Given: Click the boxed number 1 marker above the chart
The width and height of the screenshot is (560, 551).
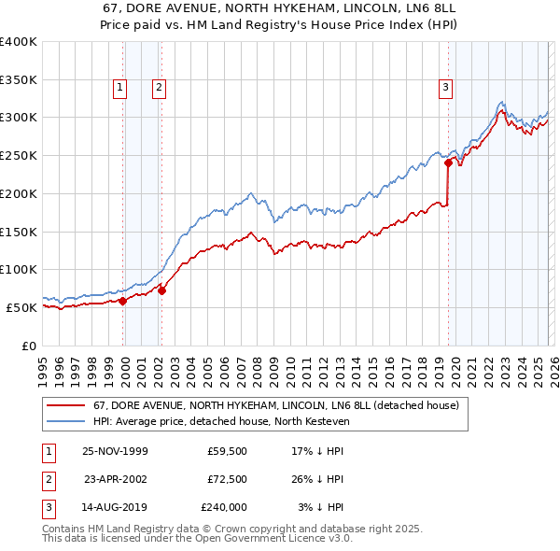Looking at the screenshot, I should (121, 88).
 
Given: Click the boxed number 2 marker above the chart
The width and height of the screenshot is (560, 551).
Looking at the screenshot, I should (160, 88).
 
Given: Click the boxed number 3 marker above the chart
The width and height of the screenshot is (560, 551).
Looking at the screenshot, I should (446, 88).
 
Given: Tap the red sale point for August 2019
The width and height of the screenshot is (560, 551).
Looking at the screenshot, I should (448, 162).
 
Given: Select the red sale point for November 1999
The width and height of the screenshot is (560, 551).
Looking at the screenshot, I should (123, 300).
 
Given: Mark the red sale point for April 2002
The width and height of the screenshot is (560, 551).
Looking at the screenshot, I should (162, 290).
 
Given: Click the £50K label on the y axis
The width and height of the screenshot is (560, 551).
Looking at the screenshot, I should (21, 307).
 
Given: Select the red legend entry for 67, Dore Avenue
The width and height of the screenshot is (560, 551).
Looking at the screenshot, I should (275, 406).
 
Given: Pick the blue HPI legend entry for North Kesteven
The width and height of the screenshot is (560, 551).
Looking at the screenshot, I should (220, 422).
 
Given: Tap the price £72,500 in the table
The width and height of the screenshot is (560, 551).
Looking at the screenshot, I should (228, 479).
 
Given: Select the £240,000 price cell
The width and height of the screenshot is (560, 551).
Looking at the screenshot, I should (224, 507).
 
